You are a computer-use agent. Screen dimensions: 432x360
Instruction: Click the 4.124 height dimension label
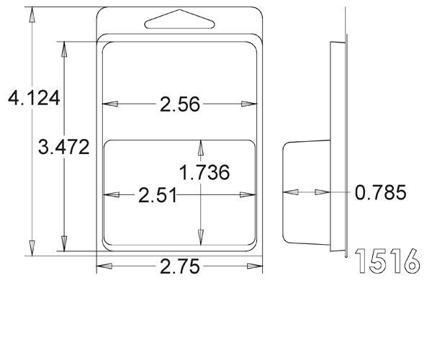click(34, 98)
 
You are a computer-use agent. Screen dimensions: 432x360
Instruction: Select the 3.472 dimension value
click(63, 147)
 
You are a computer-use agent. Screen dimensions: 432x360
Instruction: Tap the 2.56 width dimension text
click(179, 104)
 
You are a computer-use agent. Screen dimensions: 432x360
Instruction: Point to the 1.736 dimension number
click(204, 172)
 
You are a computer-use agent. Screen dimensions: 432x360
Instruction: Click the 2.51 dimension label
click(157, 195)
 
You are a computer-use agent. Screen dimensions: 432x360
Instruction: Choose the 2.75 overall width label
click(179, 266)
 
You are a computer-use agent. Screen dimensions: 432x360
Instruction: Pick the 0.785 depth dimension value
click(380, 192)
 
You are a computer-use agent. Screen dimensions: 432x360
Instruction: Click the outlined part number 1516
click(387, 261)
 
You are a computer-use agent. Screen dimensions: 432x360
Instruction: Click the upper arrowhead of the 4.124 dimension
click(32, 14)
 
